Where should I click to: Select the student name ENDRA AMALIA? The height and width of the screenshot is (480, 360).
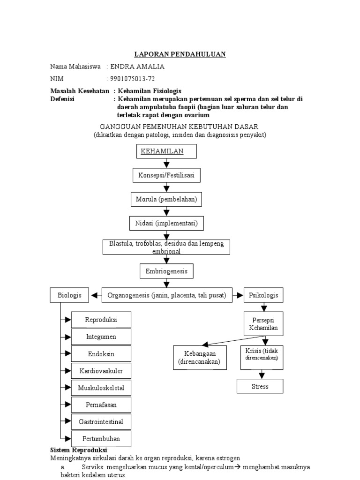coord(137,67)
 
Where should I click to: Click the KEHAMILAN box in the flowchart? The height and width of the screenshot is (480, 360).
coord(166,151)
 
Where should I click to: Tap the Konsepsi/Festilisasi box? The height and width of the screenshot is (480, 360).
coord(166,175)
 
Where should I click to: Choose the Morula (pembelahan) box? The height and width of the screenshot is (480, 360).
coord(166,199)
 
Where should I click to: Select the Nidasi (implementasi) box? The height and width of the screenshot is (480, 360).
coord(167,223)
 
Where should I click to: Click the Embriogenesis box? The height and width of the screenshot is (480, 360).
coord(166,271)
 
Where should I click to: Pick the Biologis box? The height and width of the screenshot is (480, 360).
coord(69,295)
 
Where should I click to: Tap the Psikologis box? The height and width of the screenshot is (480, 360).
coord(264,295)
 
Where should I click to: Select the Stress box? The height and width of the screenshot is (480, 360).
coord(260,386)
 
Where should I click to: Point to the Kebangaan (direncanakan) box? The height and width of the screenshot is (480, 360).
coord(199,358)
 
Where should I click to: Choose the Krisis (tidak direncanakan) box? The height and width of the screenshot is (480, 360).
coord(262,355)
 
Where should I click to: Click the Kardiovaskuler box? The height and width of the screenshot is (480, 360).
coord(101,371)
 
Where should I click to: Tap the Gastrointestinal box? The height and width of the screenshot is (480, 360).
coord(101,422)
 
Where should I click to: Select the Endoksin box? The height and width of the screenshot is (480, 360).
coord(101,354)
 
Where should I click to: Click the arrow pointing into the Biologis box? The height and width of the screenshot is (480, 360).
coord(96,295)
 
